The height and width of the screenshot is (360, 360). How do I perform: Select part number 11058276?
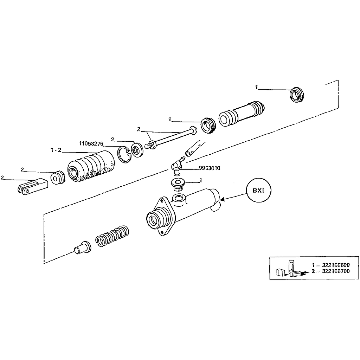pos(91,143)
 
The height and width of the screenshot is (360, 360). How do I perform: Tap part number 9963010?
pos(209,168)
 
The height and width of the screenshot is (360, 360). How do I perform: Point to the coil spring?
pos(112,236)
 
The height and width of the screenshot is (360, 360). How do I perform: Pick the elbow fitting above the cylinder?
pos(176,165)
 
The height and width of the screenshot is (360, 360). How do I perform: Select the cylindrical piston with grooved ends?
pos(241,113)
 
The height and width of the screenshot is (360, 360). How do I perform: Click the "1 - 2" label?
pos(56,150)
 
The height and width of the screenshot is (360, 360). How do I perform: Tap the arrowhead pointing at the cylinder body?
pos(222,200)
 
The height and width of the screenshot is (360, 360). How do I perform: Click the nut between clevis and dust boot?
pos(57,178)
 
